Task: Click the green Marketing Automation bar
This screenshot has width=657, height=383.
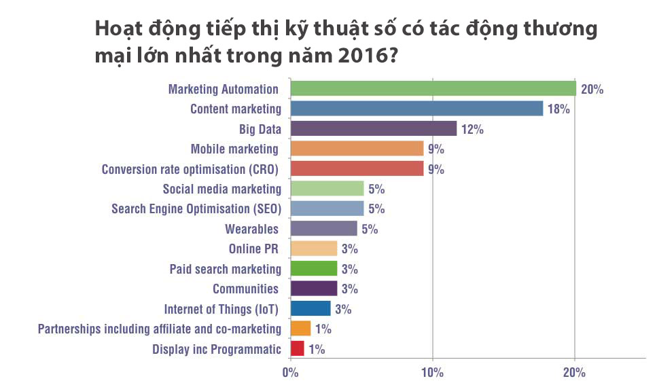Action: tap(433, 89)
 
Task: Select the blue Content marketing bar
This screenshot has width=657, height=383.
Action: tap(416, 109)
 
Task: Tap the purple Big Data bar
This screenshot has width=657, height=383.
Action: tap(373, 129)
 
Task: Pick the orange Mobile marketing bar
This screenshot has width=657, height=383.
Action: tap(357, 149)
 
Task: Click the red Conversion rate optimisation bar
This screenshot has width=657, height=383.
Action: tap(357, 168)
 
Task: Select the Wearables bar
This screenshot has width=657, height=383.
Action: tap(323, 228)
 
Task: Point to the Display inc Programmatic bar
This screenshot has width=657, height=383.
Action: tap(297, 349)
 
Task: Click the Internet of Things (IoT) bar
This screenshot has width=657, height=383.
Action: tap(310, 309)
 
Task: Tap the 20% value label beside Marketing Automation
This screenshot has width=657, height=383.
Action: tap(592, 89)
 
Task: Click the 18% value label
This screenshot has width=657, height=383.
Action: tap(558, 109)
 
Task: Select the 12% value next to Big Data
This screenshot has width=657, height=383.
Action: tap(472, 129)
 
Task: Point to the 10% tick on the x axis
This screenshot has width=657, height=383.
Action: tap(432, 372)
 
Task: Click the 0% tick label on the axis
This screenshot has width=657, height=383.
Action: tap(290, 372)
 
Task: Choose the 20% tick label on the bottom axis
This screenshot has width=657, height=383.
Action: tap(575, 372)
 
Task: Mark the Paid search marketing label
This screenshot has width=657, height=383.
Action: tap(225, 269)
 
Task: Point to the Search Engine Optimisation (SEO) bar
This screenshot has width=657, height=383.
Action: tap(327, 208)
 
